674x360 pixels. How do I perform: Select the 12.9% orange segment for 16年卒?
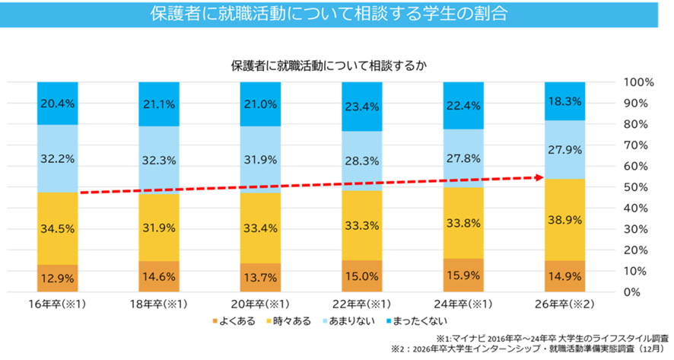click(x=59, y=279)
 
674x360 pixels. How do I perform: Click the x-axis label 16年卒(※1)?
click(x=59, y=304)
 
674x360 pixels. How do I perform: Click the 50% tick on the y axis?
click(x=636, y=187)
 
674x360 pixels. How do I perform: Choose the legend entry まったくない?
click(x=421, y=320)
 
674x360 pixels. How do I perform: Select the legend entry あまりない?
click(x=352, y=320)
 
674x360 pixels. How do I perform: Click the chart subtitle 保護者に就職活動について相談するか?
click(x=327, y=65)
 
